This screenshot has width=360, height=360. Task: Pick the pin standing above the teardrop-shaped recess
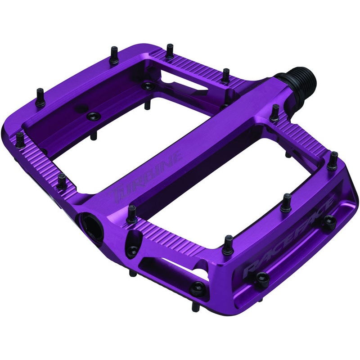(132, 214)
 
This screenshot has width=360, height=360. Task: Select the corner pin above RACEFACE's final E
(333, 160)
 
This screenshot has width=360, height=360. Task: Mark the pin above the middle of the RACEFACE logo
(286, 202)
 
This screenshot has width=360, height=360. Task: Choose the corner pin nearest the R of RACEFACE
(228, 243)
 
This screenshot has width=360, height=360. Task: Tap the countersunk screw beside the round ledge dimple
(94, 115)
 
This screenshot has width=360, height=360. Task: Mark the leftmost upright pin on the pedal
(20, 139)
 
